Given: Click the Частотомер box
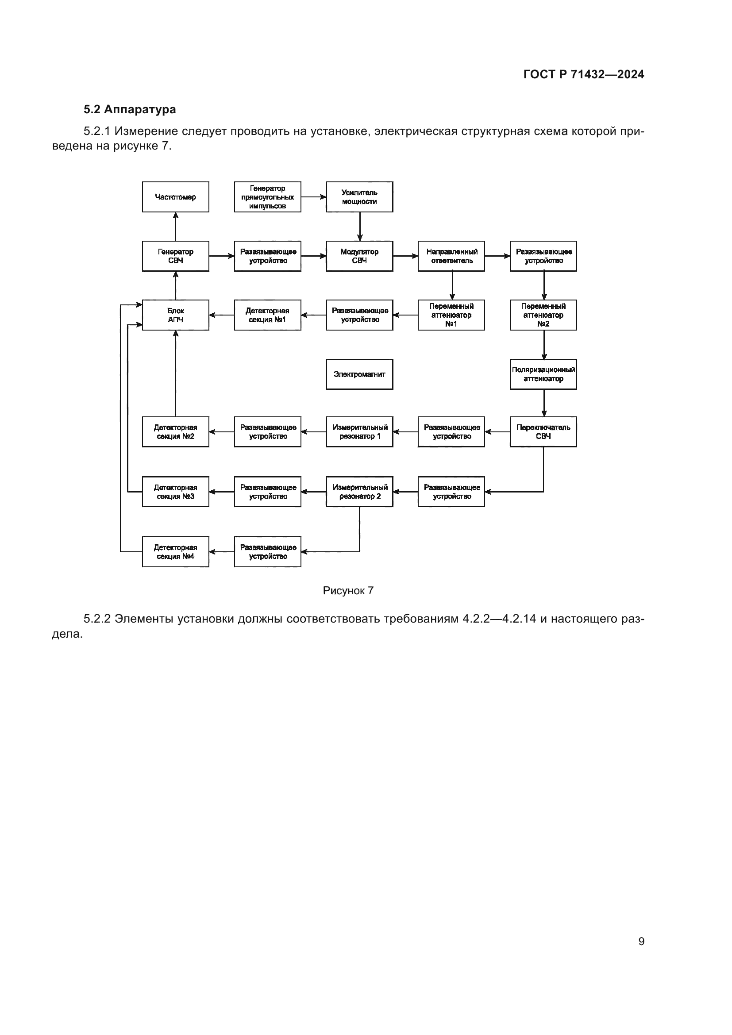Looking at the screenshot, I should tap(175, 197).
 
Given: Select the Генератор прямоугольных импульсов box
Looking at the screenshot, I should tap(267, 197).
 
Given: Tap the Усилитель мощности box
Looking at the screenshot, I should tap(359, 197).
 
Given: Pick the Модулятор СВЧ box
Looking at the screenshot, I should tap(359, 256).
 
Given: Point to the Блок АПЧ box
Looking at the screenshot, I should tap(175, 315).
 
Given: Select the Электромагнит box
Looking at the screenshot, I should tap(359, 374).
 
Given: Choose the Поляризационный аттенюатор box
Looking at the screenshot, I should tap(543, 374).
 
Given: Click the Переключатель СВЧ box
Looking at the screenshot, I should tap(543, 432).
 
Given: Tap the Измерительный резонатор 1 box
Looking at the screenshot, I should tap(359, 432).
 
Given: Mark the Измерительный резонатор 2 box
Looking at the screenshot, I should tap(359, 492).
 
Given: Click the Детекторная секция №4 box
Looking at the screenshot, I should tap(175, 552).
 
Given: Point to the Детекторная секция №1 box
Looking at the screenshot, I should tap(267, 315).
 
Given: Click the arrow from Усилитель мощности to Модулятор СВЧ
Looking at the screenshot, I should tap(360, 226).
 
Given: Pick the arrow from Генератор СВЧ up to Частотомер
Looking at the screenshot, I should tap(176, 226).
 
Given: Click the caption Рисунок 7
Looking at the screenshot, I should tap(348, 591).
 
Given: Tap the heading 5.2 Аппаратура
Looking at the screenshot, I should tap(130, 110).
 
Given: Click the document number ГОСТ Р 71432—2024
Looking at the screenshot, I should tap(584, 74).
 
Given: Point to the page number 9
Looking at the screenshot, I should tap(641, 941).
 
